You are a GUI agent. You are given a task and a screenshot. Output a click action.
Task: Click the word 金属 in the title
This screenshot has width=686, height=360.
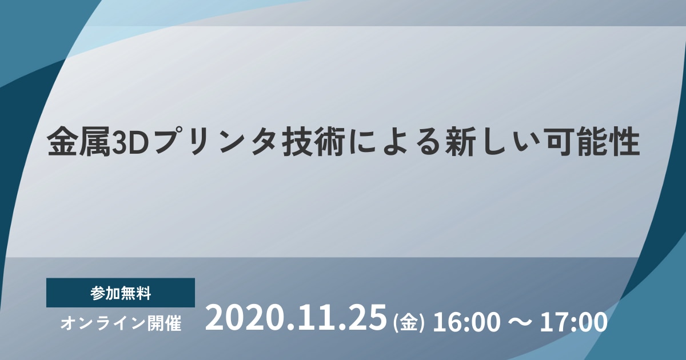pyautogui.click(x=79, y=143)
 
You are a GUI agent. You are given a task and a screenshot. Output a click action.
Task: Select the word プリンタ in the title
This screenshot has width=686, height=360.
pyautogui.click(x=216, y=143)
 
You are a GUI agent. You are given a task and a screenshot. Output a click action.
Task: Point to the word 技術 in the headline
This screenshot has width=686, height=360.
pyautogui.click(x=314, y=143)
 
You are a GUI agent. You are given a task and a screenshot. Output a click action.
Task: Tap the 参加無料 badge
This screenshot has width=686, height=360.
pyautogui.click(x=121, y=293)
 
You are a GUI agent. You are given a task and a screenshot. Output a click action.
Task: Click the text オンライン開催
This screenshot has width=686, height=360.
pyautogui.click(x=121, y=323)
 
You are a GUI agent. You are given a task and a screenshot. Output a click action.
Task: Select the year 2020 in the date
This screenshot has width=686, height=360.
pyautogui.click(x=246, y=318)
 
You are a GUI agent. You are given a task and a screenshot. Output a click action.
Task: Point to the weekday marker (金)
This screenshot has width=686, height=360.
pyautogui.click(x=409, y=323)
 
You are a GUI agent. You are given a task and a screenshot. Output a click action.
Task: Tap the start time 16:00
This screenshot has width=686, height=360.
pyautogui.click(x=466, y=322)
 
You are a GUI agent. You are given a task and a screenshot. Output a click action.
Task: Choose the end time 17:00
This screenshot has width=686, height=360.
pyautogui.click(x=573, y=322)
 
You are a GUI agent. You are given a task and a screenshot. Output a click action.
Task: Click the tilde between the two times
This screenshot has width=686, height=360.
pyautogui.click(x=520, y=323)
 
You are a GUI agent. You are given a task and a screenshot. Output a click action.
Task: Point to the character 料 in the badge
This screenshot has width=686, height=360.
pyautogui.click(x=143, y=293)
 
